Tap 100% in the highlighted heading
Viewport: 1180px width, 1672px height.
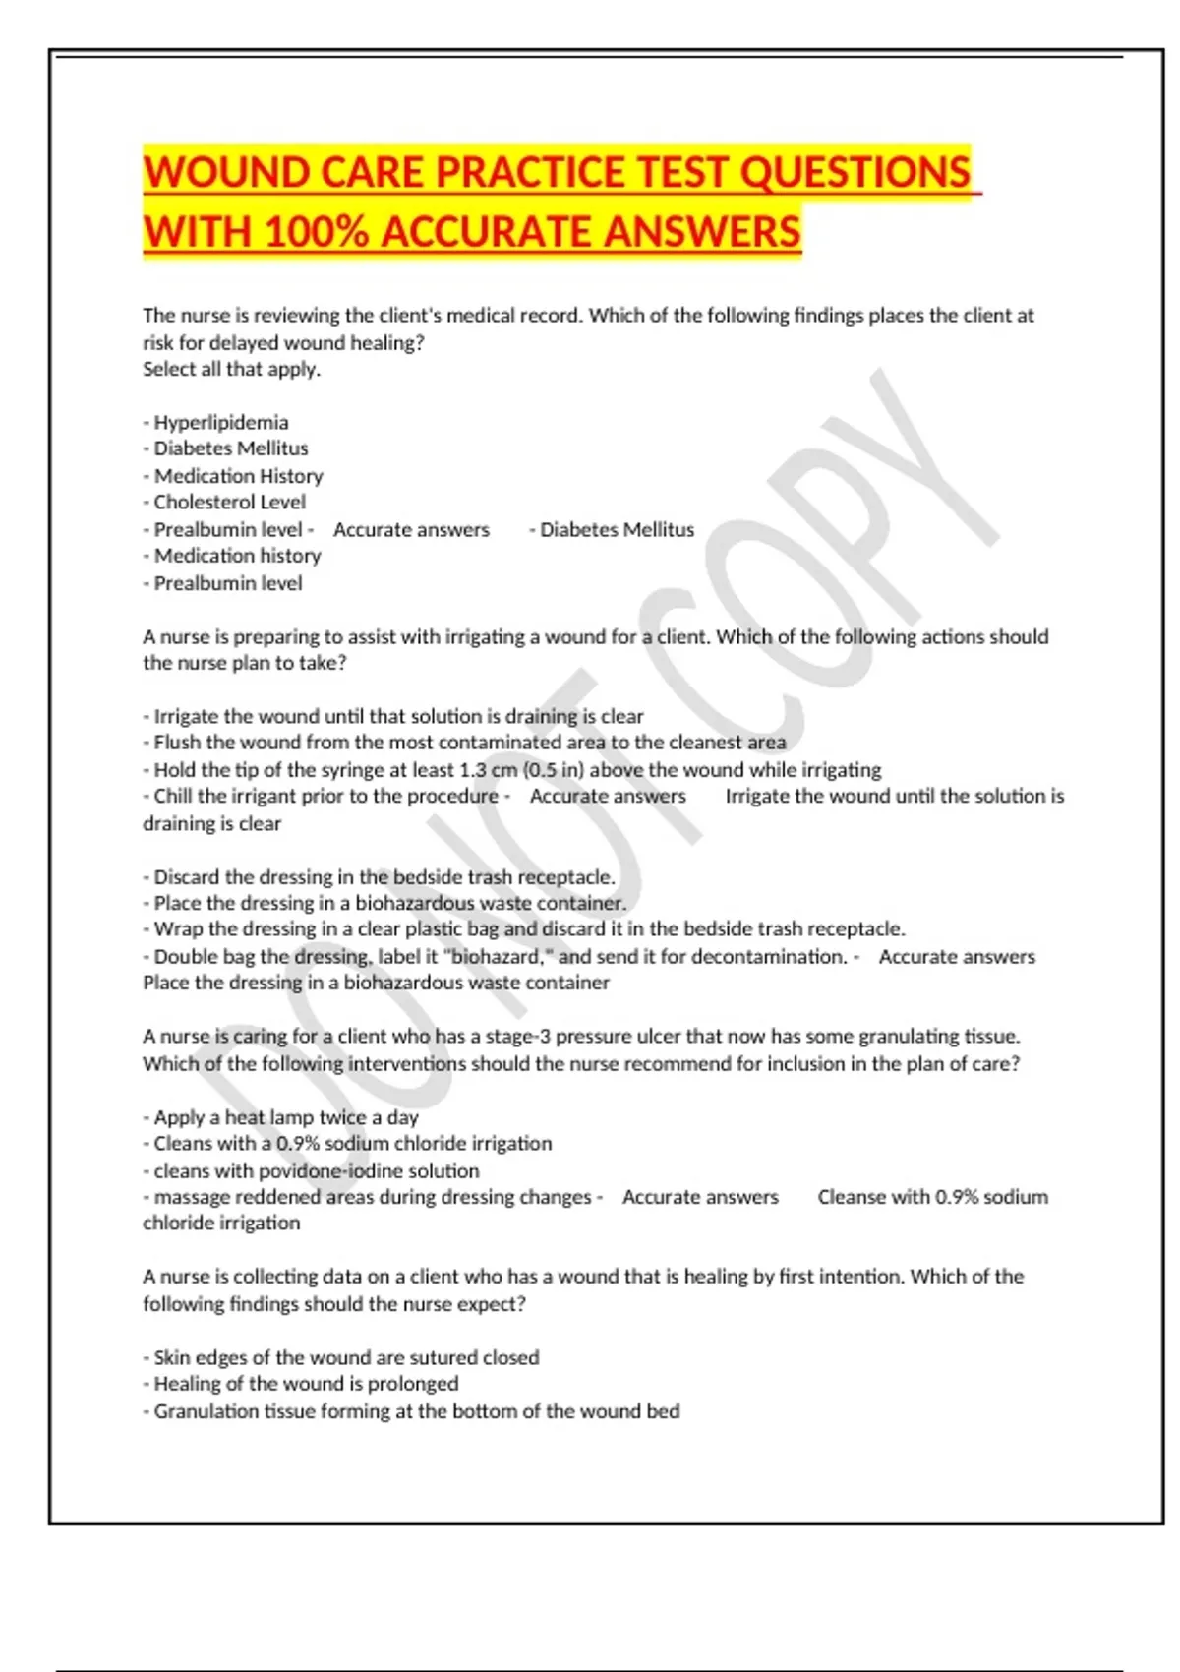click(x=317, y=232)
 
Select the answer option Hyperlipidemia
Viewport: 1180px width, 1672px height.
click(x=220, y=422)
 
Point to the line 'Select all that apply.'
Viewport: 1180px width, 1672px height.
click(x=232, y=369)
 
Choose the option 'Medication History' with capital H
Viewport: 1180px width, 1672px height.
click(x=238, y=476)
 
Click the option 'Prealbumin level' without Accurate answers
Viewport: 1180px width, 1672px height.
click(x=227, y=583)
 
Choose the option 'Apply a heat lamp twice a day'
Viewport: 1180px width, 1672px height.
click(x=285, y=1117)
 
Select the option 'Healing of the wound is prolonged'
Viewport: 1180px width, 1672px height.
click(x=306, y=1384)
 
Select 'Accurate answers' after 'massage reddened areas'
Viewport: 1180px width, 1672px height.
click(x=700, y=1197)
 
